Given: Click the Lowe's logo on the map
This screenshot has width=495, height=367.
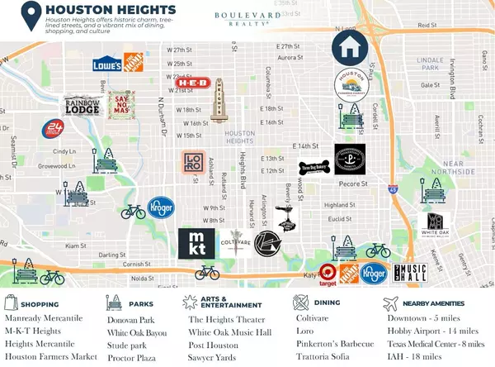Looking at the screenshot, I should point(107,63).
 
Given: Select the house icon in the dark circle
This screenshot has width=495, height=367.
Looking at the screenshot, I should point(350,46).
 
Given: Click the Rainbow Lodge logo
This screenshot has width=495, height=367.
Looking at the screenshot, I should point(82,106).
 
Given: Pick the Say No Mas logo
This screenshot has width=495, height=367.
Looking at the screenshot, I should point(121,104).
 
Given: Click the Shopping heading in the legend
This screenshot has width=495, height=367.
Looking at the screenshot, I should point(40,304).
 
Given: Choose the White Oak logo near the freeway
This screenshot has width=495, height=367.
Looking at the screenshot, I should point(435,223).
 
